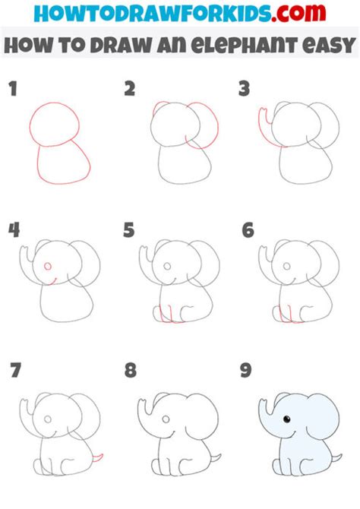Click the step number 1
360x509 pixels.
pyautogui.click(x=12, y=90)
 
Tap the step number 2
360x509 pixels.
pyautogui.click(x=130, y=90)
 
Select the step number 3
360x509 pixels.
pyautogui.click(x=245, y=90)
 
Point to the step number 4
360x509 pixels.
pyautogui.click(x=13, y=230)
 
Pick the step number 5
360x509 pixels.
pyautogui.click(x=130, y=230)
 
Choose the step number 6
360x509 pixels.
pyautogui.click(x=247, y=230)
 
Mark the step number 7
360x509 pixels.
pyautogui.click(x=14, y=371)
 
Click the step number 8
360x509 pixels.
pyautogui.click(x=131, y=371)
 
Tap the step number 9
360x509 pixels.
pyautogui.click(x=247, y=371)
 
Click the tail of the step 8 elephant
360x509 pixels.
pyautogui.click(x=215, y=458)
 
